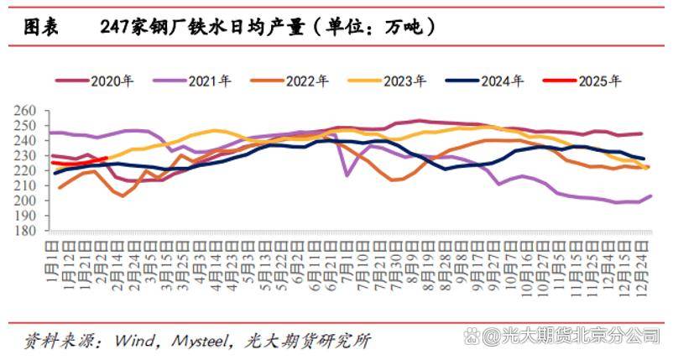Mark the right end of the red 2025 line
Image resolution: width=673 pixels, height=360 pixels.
tap(107, 158)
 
